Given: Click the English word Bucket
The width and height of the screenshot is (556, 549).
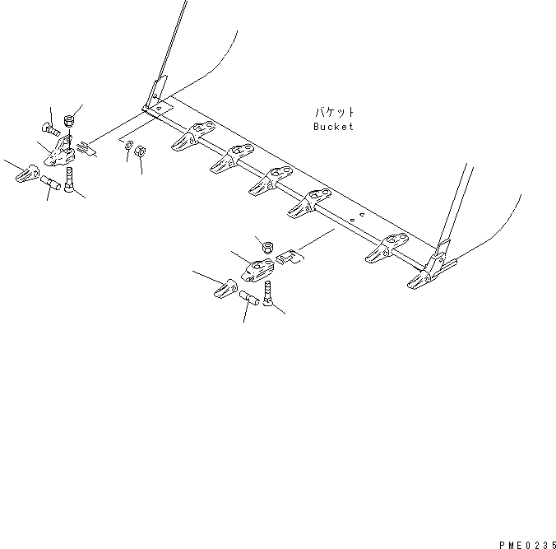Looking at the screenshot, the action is click(333, 127).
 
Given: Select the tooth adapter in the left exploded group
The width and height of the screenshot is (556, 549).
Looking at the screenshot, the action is click(58, 153).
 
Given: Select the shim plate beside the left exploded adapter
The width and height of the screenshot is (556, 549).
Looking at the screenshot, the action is click(87, 149).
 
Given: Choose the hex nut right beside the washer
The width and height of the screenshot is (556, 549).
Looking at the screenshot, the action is click(140, 152).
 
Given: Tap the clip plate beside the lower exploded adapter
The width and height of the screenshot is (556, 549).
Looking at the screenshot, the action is click(289, 258).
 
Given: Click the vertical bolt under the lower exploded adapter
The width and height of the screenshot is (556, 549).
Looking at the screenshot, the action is click(269, 292).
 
